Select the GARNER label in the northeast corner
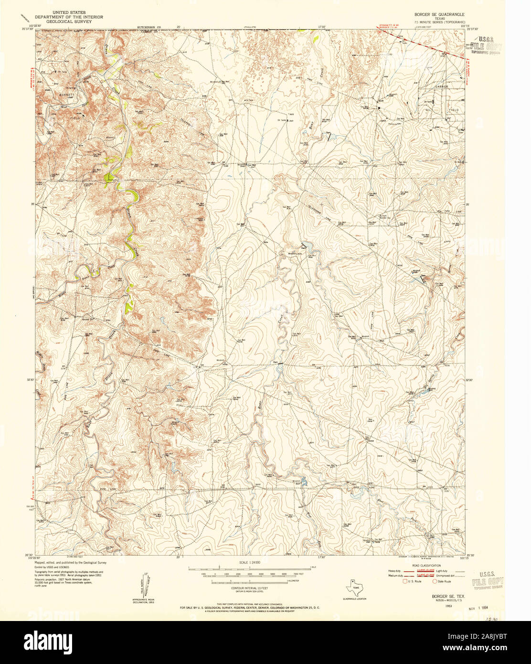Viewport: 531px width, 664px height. point(440,86)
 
